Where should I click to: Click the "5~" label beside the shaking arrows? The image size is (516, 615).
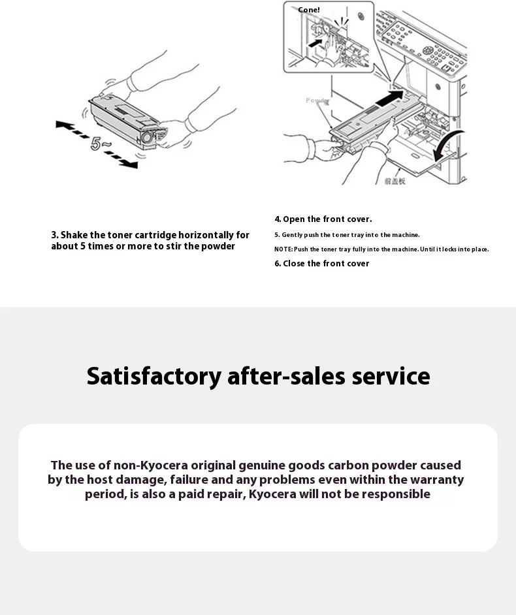pyautogui.click(x=101, y=143)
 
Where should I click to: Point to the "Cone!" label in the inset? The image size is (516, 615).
pyautogui.click(x=308, y=10)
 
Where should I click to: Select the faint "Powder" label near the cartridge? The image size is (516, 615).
pyautogui.click(x=317, y=101)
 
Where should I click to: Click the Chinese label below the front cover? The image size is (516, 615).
pyautogui.click(x=395, y=181)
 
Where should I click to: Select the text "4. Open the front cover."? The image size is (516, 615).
pyautogui.click(x=323, y=219)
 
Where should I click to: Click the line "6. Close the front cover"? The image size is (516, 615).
pyautogui.click(x=321, y=264)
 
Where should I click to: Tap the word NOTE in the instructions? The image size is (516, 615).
pyautogui.click(x=283, y=249)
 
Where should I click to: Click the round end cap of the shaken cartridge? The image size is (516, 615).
pyautogui.click(x=146, y=138)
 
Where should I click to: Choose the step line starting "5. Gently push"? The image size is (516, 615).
pyautogui.click(x=347, y=235)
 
